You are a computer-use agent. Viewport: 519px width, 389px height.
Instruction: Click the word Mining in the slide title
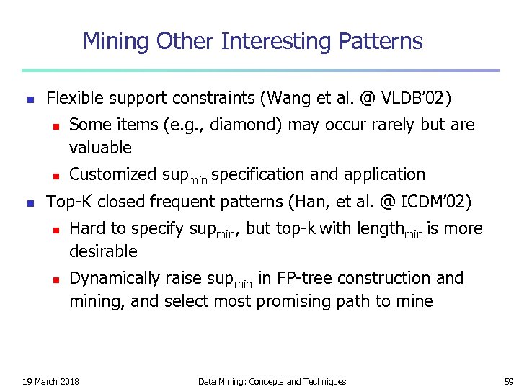click(x=113, y=42)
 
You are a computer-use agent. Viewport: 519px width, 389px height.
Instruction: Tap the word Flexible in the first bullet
click(x=73, y=98)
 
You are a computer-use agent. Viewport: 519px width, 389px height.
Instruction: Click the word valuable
click(x=100, y=148)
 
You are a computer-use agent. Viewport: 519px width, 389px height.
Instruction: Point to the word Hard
click(x=86, y=228)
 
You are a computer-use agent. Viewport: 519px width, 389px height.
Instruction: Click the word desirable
click(x=103, y=251)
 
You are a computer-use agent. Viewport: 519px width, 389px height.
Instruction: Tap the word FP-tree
click(x=303, y=278)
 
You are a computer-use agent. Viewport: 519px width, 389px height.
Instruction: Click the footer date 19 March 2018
click(x=50, y=381)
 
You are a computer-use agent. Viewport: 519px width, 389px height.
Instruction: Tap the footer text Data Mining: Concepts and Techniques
click(x=272, y=381)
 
